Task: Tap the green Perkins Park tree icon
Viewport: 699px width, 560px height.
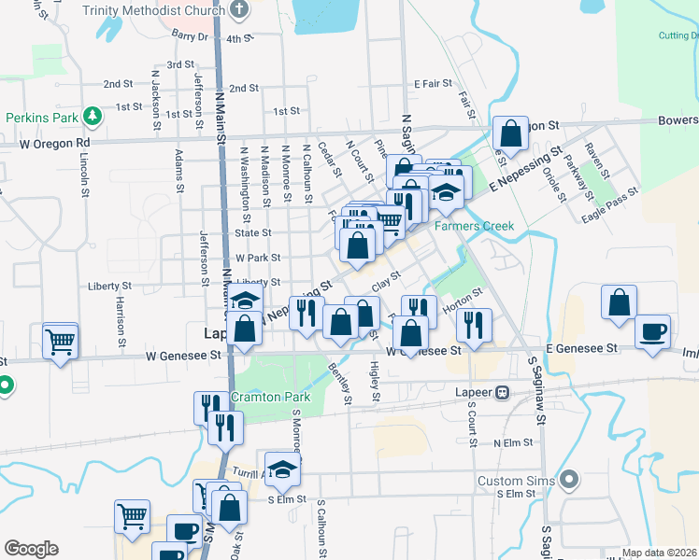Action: [x=93, y=117]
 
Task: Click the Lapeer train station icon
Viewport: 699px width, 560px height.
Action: [x=503, y=392]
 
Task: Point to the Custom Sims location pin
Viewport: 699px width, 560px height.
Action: [x=569, y=481]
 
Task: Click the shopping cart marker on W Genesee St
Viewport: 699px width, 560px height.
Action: [x=61, y=341]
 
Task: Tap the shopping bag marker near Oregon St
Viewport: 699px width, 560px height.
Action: [x=510, y=133]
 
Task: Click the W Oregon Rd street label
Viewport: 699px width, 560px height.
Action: [x=55, y=144]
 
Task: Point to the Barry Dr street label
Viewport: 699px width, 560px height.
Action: [x=189, y=35]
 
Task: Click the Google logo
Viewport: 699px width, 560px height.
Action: [x=31, y=549]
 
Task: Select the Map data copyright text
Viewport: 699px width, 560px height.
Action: [x=659, y=553]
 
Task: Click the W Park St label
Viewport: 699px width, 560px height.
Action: [x=258, y=258]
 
